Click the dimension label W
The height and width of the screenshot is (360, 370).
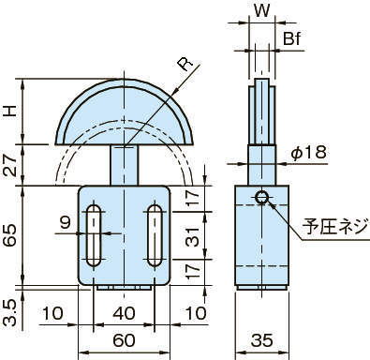(261, 11)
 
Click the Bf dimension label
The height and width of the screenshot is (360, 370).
(291, 39)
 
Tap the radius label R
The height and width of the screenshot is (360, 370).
(185, 65)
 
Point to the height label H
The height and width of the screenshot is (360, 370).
(11, 111)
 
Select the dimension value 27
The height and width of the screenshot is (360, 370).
(11, 166)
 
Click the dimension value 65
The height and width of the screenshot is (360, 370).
(11, 235)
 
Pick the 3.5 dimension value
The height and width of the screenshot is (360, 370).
(11, 313)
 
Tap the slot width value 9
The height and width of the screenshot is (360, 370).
(66, 223)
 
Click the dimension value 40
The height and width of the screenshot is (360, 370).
(124, 313)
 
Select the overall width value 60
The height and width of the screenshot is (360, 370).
(124, 340)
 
